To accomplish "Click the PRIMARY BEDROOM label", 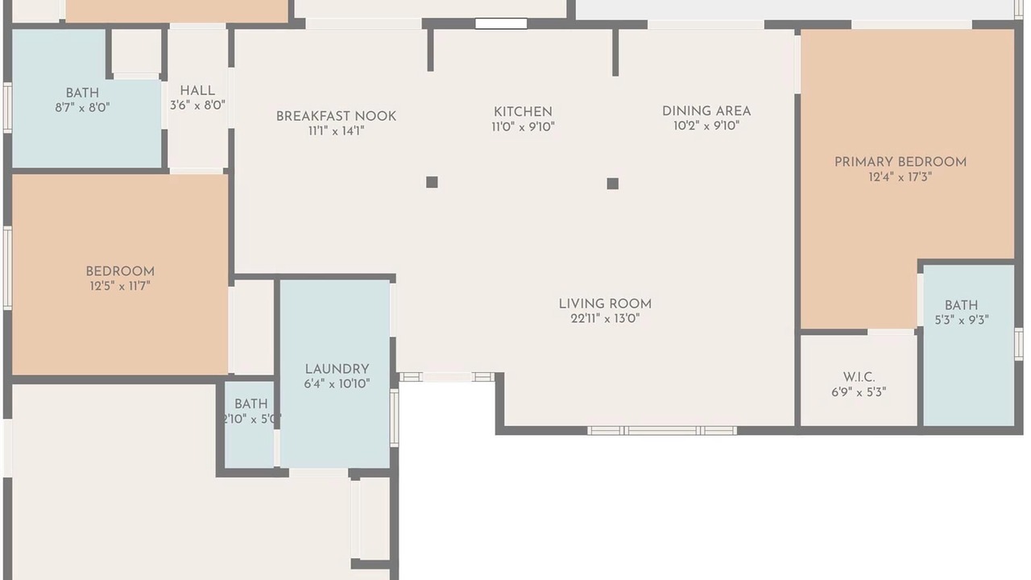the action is (x=901, y=162).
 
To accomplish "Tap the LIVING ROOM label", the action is (x=605, y=304).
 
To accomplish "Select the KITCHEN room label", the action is (x=523, y=112).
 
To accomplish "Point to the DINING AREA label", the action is (x=706, y=111).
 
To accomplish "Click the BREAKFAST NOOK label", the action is (x=336, y=116).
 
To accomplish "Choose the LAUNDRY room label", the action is (x=337, y=369).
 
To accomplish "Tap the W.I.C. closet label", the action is (x=859, y=378).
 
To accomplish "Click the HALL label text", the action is (x=197, y=91).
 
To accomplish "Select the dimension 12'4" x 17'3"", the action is (x=901, y=177).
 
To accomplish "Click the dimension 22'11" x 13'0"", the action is (x=605, y=318).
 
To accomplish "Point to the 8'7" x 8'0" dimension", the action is (x=82, y=108).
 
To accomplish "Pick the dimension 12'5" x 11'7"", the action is (x=120, y=286).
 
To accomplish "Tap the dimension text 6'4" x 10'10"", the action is (x=337, y=384).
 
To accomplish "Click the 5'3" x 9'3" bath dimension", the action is (x=962, y=320).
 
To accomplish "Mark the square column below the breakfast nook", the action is (x=432, y=182).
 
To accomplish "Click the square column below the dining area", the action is (x=613, y=184).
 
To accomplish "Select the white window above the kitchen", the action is (x=501, y=23).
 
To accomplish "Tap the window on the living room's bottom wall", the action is (x=662, y=431).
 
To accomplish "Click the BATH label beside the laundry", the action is (x=251, y=404).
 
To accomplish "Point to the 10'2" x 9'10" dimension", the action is (x=706, y=126).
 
